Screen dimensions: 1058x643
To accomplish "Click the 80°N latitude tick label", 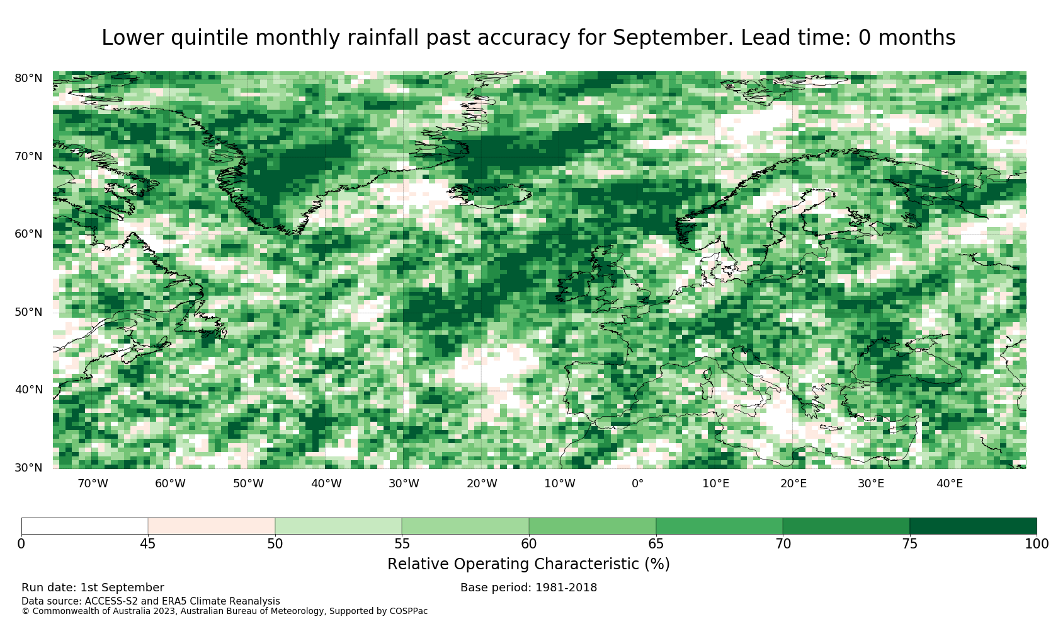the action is tap(28, 78).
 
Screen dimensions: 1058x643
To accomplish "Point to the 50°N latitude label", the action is tap(28, 312).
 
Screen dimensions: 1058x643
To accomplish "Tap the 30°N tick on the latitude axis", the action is tap(28, 468).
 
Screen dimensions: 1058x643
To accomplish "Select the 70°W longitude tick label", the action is tap(93, 484).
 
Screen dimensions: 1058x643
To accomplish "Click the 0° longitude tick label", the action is tap(637, 484).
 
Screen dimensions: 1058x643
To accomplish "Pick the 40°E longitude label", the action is tap(950, 484).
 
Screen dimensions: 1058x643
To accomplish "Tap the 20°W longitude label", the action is tap(482, 484).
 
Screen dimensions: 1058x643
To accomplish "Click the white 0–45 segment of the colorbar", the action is tap(85, 526).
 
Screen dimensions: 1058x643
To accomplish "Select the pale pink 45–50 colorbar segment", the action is tap(212, 526).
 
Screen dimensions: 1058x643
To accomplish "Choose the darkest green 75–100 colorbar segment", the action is tap(973, 526).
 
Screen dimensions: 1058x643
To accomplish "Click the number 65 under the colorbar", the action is tap(656, 544).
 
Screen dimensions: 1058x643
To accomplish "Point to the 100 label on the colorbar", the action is tap(1037, 544).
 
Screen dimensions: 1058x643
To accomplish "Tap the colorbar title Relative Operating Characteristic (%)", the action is tap(528, 564).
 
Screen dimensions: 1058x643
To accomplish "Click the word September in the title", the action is tap(673, 38).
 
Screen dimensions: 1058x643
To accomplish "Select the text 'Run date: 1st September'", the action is tap(93, 588).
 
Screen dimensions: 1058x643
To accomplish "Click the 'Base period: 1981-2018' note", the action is tap(528, 588).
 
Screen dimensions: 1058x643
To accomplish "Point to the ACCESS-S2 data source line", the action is tap(151, 601).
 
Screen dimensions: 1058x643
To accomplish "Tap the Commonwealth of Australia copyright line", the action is tap(224, 611).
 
